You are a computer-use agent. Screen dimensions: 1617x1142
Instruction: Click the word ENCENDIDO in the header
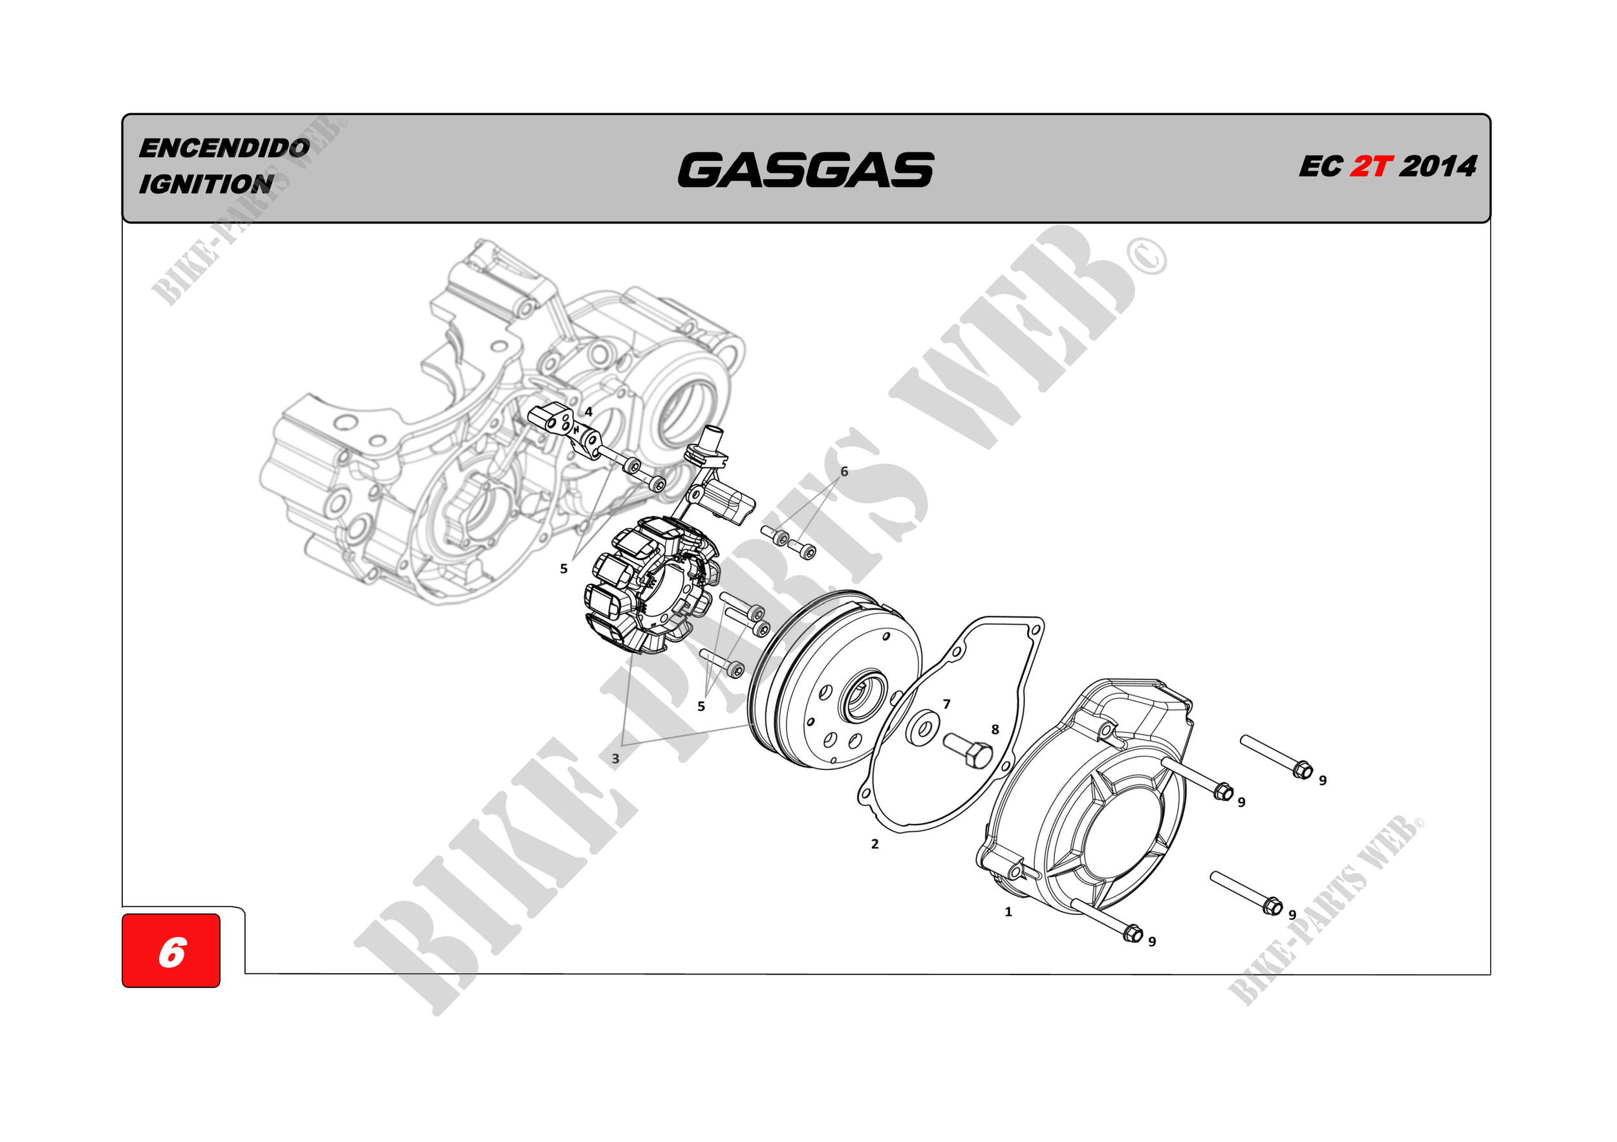pos(224,148)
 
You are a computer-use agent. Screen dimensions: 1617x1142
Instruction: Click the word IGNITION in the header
pos(206,184)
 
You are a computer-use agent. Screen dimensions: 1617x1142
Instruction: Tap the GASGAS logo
pos(806,170)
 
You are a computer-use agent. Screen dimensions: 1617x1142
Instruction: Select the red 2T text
pos(1371,167)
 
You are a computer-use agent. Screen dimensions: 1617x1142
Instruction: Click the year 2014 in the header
pos(1438,167)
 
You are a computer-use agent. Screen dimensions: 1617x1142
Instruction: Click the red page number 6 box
pos(171,951)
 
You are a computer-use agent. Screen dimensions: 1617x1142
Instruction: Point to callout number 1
pos(1008,912)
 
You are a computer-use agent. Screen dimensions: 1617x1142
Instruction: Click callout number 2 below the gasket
pos(874,844)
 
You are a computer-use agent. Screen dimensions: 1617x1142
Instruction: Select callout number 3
pos(616,759)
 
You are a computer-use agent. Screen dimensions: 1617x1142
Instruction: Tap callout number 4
pos(589,412)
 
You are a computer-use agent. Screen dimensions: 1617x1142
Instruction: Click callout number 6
pos(845,471)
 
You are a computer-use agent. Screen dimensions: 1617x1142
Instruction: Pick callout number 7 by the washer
pos(946,704)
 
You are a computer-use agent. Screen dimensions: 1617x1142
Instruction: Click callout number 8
pos(995,729)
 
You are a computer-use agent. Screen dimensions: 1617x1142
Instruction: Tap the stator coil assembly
pos(651,585)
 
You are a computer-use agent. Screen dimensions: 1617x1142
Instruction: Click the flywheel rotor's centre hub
pos(861,697)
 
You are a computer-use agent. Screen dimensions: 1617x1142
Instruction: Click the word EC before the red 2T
pos(1321,167)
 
